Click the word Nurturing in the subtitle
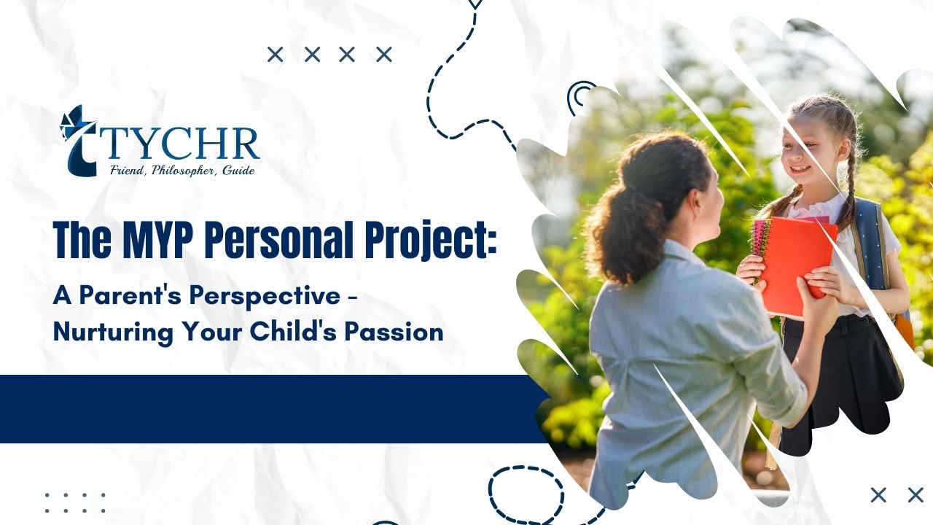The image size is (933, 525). tap(106, 332)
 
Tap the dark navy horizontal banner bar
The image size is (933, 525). tap(270, 408)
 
